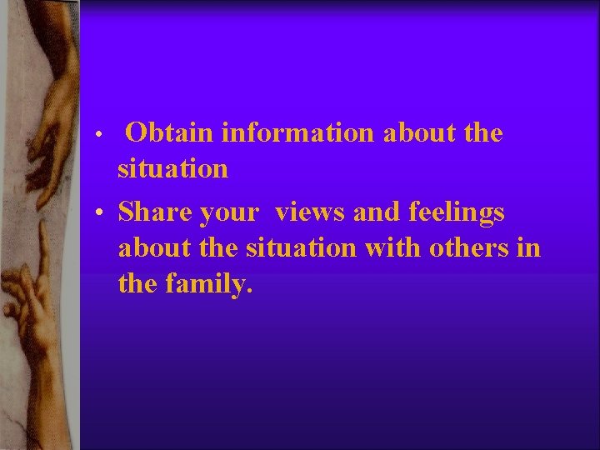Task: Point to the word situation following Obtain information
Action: [172, 169]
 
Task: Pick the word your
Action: [230, 213]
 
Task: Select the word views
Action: [311, 212]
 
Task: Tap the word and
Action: [377, 212]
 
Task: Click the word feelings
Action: [456, 213]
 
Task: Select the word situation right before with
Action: [301, 248]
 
